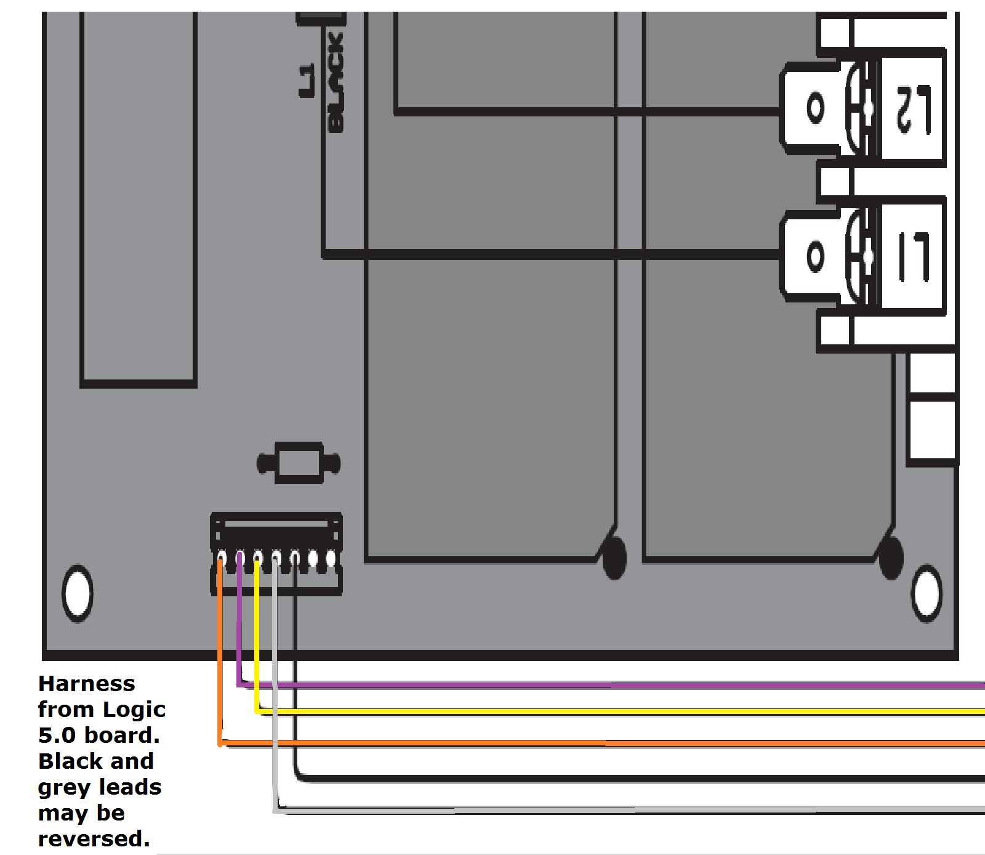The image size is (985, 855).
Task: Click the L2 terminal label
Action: (x=913, y=109)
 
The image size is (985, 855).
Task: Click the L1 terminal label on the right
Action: (x=913, y=256)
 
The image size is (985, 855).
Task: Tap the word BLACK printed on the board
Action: (x=336, y=83)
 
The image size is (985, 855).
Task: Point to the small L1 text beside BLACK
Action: (x=307, y=80)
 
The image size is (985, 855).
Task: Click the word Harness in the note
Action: (x=87, y=684)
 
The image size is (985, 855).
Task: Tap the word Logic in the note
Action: (x=134, y=710)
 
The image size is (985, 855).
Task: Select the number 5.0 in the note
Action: (x=57, y=735)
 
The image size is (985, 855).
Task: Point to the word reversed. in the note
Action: (x=94, y=839)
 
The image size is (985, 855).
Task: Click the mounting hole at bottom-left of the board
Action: (x=78, y=593)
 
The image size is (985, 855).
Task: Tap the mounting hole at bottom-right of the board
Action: (x=926, y=593)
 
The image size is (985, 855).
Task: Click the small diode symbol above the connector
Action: (x=299, y=463)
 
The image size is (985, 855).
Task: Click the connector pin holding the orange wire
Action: (x=221, y=559)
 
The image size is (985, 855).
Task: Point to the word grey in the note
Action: (x=64, y=787)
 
